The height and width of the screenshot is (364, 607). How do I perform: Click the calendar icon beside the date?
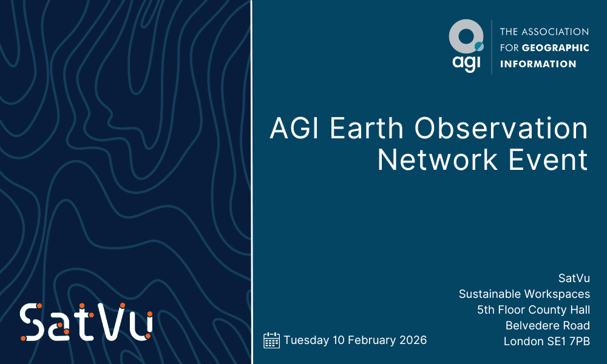pos(271,340)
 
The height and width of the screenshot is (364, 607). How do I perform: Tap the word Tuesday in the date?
pos(306,340)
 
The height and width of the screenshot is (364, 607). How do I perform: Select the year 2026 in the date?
pos(413,340)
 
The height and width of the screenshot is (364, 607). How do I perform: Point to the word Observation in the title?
pos(501,128)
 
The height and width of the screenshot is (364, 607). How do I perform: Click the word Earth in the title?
pos(367,128)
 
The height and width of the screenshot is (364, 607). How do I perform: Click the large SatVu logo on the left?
pos(86,322)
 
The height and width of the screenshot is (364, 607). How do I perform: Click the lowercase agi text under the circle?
pos(466,63)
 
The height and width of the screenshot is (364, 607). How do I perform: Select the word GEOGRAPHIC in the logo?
pos(555,47)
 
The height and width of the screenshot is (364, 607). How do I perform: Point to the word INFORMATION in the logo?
pos(538,64)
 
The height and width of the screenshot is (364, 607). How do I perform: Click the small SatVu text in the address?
pos(574,278)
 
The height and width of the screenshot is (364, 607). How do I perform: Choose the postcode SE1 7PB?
pos(566,341)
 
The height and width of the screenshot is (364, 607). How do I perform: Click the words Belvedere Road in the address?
pos(548,325)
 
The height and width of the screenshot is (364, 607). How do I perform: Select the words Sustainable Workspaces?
pos(524,294)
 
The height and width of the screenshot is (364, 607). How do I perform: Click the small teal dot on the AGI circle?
pos(480,47)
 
